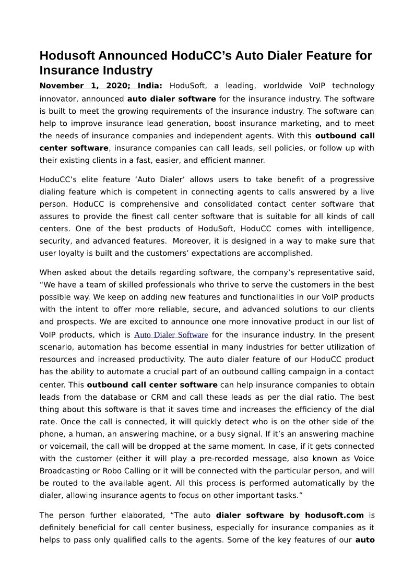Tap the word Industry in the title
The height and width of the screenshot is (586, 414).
point(128,70)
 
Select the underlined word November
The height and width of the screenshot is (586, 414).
point(62,86)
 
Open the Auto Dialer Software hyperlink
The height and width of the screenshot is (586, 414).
point(171,335)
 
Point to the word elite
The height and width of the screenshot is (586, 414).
point(84,180)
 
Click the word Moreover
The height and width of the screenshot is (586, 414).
point(194,241)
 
